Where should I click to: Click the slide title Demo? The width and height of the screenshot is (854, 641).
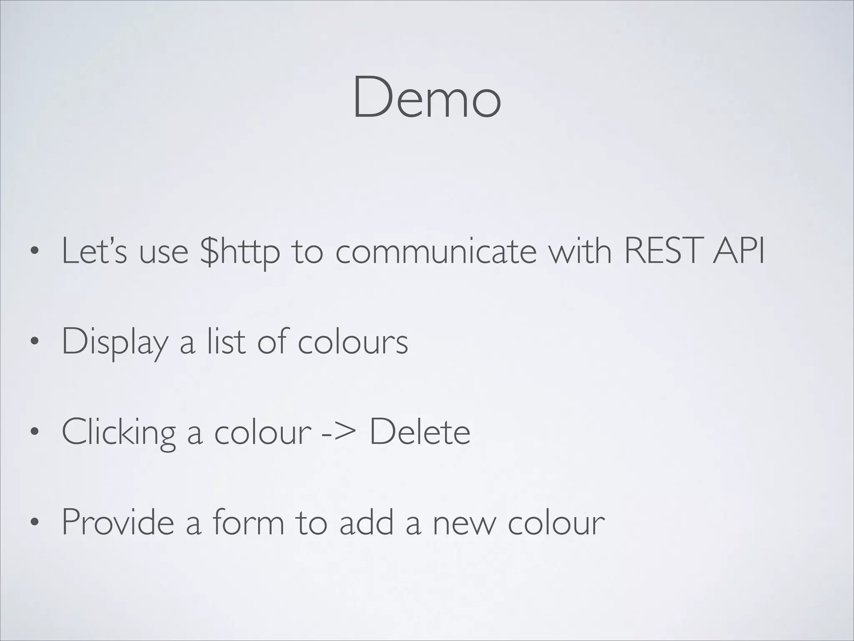pos(427,98)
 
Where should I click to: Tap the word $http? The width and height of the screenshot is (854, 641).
pos(240,251)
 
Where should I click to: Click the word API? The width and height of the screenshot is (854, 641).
pos(738,251)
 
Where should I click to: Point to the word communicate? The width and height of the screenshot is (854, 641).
pos(436,251)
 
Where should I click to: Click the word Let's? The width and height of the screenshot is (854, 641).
pos(94,251)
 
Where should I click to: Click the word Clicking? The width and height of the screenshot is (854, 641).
pos(118,433)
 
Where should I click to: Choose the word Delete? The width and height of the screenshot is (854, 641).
pos(420,432)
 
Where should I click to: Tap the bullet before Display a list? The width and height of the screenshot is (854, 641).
pos(34,342)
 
